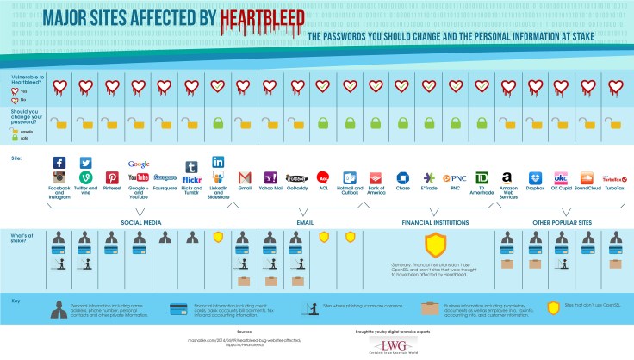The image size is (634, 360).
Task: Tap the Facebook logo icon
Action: (59, 164)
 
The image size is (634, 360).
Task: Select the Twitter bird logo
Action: (86, 164)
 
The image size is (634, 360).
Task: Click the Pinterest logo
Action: (112, 177)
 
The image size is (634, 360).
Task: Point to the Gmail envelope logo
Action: (244, 177)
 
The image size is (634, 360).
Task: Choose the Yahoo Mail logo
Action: (270, 177)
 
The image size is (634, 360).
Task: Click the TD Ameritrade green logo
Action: (482, 177)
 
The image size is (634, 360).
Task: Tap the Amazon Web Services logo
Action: (507, 177)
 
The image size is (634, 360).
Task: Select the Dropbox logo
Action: (534, 177)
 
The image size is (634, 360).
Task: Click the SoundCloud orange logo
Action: (587, 177)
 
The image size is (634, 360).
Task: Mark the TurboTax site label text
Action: (613, 189)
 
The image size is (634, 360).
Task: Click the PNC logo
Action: (455, 177)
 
